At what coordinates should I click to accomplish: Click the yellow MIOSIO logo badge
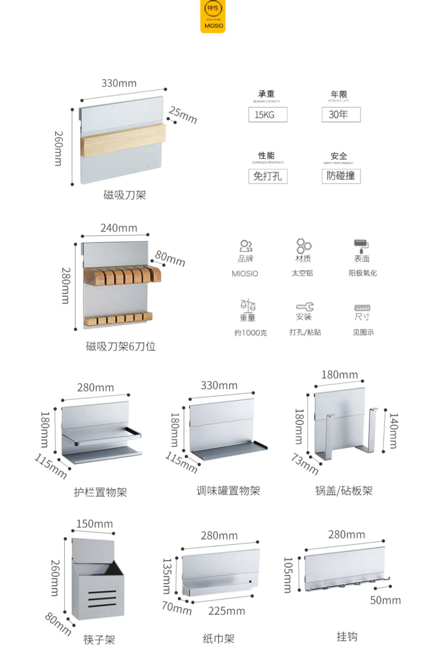[213, 16]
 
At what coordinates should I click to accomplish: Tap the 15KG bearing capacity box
[268, 115]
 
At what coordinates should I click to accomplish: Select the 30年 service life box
[341, 115]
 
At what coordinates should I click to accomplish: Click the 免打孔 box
[268, 176]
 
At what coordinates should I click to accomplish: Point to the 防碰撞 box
[341, 176]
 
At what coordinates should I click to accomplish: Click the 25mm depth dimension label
[183, 115]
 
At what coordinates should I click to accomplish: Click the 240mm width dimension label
[119, 228]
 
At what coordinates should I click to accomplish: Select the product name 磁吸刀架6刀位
[121, 346]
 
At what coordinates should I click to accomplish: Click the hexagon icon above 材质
[303, 246]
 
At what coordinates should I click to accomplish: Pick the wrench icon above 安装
[305, 307]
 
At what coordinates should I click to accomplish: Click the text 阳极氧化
[363, 273]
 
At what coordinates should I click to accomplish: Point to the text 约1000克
[250, 333]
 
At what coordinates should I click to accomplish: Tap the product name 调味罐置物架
[228, 491]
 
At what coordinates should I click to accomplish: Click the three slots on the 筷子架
[102, 599]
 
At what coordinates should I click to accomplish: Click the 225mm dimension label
[226, 611]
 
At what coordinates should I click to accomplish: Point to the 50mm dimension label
[385, 600]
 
